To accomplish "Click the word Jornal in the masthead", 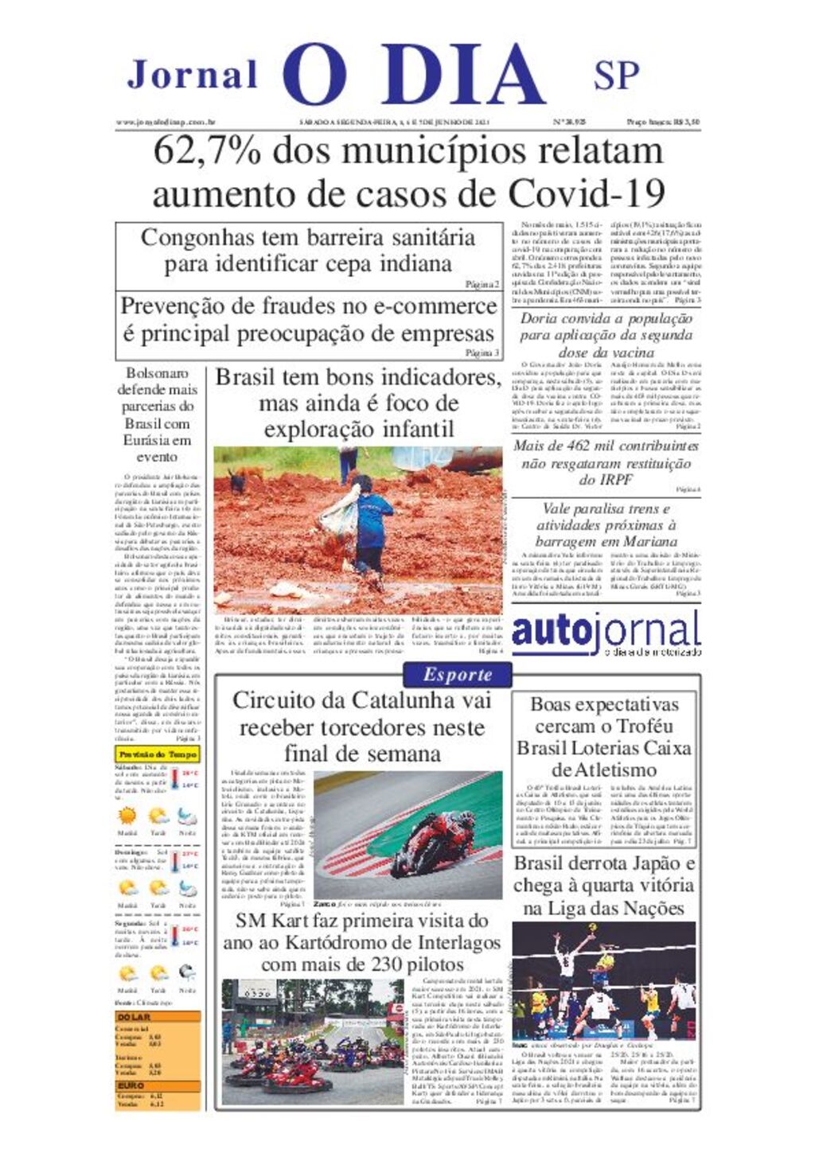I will pyautogui.click(x=193, y=75).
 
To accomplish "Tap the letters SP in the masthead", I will pyautogui.click(x=616, y=75).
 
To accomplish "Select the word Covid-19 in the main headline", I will pyautogui.click(x=587, y=193).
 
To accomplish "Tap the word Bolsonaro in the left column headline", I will pyautogui.click(x=157, y=373).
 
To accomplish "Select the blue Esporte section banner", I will pyautogui.click(x=458, y=675).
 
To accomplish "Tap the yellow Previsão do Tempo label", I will pyautogui.click(x=157, y=754).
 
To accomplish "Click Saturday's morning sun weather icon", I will pyautogui.click(x=127, y=816).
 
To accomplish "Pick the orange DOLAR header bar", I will pyautogui.click(x=158, y=1017).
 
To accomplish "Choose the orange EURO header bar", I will pyautogui.click(x=158, y=1085).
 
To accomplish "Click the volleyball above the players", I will pyautogui.click(x=593, y=929).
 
